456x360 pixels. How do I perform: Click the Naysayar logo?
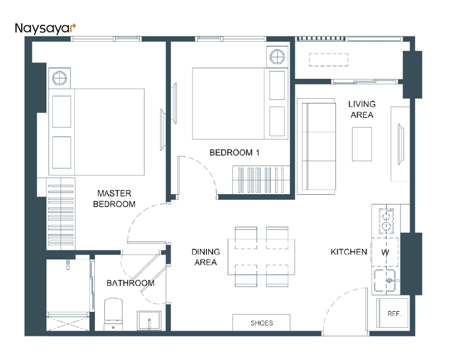(45, 28)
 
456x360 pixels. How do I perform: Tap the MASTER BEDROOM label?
(114, 199)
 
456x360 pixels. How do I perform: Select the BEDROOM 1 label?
(234, 152)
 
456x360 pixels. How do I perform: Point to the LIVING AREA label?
(362, 109)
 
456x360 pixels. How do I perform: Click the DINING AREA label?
(205, 257)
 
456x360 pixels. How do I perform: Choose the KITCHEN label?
(349, 252)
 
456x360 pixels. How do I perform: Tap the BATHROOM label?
(130, 283)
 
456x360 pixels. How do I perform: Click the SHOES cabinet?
(261, 322)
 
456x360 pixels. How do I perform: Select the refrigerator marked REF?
(392, 313)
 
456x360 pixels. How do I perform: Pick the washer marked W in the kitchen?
(385, 252)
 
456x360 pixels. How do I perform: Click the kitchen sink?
(385, 281)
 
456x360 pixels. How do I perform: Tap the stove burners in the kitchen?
(386, 221)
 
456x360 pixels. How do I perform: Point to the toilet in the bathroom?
(113, 314)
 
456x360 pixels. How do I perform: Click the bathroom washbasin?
(149, 321)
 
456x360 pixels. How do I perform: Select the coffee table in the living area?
(362, 144)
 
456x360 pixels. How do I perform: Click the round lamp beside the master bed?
(59, 78)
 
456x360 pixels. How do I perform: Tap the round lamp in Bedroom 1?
(277, 56)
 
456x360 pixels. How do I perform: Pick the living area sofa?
(317, 146)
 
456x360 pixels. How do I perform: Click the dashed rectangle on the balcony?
(328, 60)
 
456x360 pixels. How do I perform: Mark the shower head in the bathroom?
(68, 264)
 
